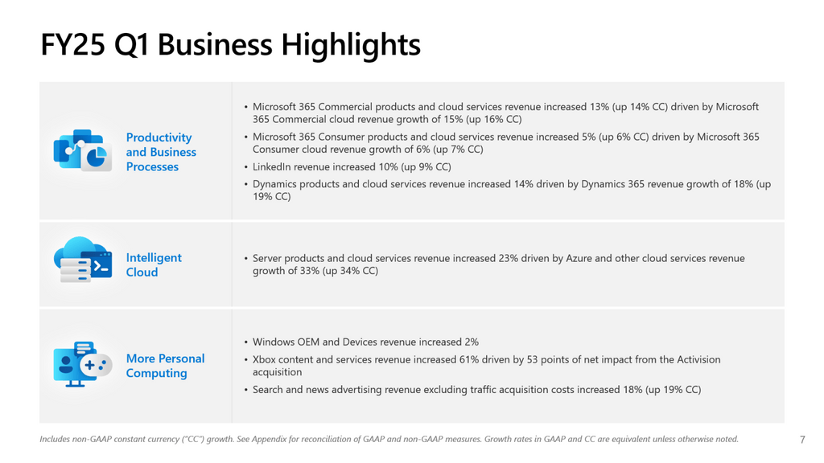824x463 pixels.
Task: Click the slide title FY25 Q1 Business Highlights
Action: coord(230,44)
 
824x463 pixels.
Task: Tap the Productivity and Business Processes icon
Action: coord(82,151)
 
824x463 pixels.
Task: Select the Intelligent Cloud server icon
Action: coord(82,260)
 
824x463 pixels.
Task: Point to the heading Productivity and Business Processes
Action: coord(161,152)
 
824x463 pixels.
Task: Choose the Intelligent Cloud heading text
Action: coord(154,264)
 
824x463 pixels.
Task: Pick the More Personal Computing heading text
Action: coord(165,366)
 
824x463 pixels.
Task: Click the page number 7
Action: coord(801,440)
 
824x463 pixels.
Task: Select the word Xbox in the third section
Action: coord(266,359)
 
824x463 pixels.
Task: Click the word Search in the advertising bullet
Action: coord(269,390)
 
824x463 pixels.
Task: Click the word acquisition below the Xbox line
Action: coord(278,372)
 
